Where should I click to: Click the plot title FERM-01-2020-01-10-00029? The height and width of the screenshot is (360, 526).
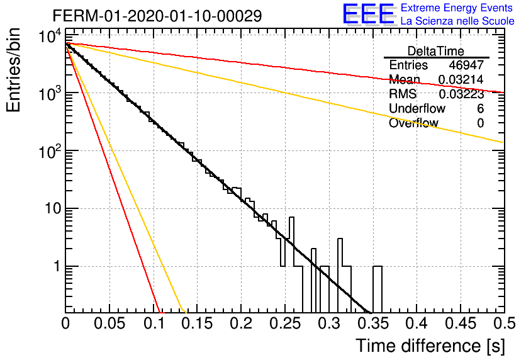click(x=157, y=16)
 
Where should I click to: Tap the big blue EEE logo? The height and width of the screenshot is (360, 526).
click(x=368, y=14)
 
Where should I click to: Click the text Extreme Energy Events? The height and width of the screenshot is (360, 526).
click(x=457, y=8)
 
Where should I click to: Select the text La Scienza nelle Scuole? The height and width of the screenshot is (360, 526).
click(x=457, y=21)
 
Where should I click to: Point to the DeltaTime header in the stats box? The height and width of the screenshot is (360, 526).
click(x=436, y=51)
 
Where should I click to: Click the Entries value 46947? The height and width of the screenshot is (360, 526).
click(x=466, y=65)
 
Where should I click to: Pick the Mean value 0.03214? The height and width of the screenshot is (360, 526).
click(x=461, y=79)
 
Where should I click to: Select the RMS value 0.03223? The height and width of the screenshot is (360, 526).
click(x=461, y=94)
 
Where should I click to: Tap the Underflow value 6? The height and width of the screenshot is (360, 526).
click(x=480, y=108)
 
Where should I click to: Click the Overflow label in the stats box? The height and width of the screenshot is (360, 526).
click(x=413, y=123)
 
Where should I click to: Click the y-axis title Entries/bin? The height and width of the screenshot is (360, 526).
click(x=13, y=70)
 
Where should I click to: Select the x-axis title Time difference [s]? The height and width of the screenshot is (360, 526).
click(x=430, y=346)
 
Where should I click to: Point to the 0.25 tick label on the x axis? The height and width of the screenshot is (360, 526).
click(x=285, y=323)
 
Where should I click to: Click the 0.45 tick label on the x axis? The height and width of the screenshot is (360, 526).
click(x=461, y=323)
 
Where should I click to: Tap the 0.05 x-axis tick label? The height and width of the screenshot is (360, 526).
click(x=109, y=323)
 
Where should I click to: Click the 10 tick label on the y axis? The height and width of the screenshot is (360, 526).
click(x=53, y=208)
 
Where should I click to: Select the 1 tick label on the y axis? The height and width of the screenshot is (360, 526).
click(x=57, y=266)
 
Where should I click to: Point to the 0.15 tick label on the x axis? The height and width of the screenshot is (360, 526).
click(x=198, y=323)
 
